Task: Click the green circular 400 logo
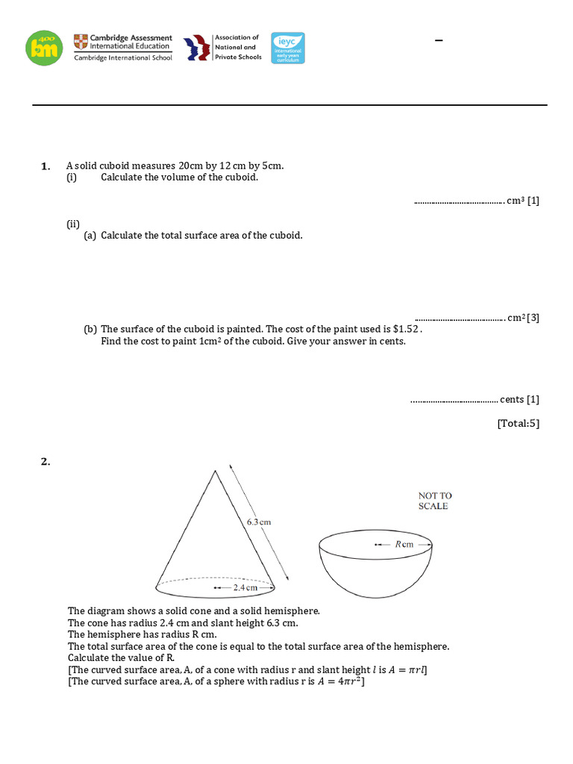pos(44,48)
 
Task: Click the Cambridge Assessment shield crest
pos(80,42)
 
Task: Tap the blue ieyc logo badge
pos(287,48)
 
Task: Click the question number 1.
pos(45,166)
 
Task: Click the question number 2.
pos(45,462)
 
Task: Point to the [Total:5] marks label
pos(518,424)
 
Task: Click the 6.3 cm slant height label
pos(258,522)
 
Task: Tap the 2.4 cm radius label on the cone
pos(245,588)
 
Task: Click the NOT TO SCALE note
pos(434,501)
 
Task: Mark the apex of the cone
pos(216,470)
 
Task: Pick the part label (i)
pos(72,177)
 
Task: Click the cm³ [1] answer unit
pos(522,201)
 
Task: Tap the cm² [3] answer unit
pos(522,318)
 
